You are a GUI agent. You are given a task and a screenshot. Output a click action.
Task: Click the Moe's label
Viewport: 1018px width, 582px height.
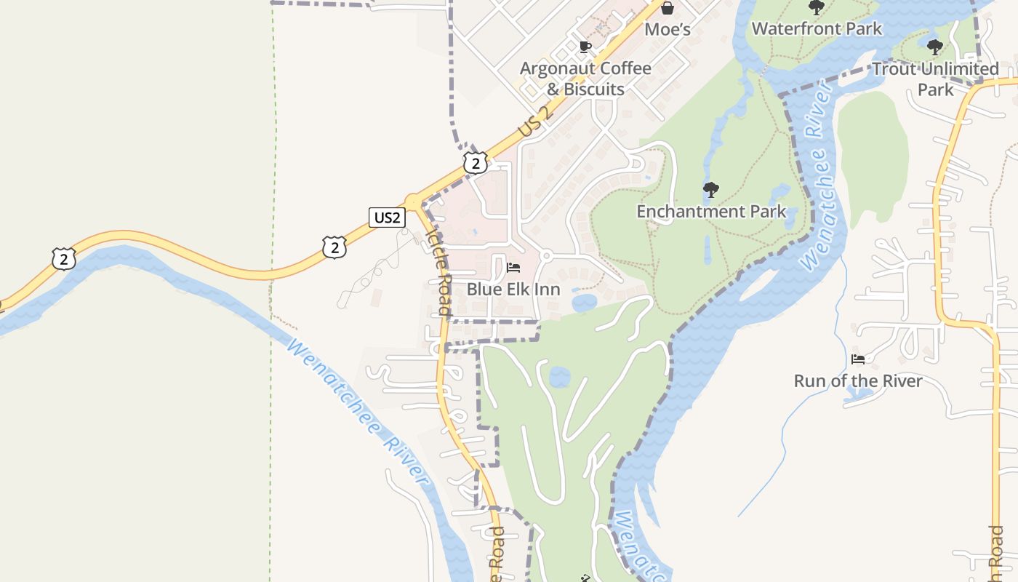(667, 30)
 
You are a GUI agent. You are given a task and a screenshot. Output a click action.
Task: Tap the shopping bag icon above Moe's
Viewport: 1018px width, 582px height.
(667, 8)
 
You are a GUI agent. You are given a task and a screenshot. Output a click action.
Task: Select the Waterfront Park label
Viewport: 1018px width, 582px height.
(817, 28)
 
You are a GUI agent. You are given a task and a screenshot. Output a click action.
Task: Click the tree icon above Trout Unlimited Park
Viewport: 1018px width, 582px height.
(935, 48)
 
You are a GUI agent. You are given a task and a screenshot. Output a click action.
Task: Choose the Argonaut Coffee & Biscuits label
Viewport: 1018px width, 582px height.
(585, 79)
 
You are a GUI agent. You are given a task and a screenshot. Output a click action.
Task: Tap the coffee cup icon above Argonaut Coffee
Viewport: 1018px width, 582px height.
(585, 47)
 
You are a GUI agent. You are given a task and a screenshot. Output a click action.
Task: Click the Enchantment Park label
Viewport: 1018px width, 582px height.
(711, 212)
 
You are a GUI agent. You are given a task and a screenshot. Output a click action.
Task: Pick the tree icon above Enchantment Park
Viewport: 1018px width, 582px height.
(711, 191)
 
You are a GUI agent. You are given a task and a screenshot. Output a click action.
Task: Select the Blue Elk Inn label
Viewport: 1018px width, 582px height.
(513, 290)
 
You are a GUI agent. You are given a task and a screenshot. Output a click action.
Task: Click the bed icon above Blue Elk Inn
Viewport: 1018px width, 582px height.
(513, 268)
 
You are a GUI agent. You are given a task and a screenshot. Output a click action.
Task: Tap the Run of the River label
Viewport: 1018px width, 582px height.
(858, 381)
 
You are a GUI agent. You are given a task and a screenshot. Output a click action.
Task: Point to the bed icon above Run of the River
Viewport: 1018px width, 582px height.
(858, 359)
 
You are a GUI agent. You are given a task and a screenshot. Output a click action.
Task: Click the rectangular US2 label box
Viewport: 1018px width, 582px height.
(386, 217)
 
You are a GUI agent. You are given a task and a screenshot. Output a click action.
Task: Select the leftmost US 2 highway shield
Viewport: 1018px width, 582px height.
(64, 258)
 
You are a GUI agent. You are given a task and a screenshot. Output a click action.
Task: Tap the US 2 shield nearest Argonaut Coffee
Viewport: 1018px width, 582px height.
(476, 162)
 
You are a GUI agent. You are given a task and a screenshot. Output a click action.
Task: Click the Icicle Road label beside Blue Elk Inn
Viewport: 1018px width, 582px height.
(440, 273)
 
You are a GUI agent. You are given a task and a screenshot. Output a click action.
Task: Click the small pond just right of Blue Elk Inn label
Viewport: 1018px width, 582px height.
(584, 303)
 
